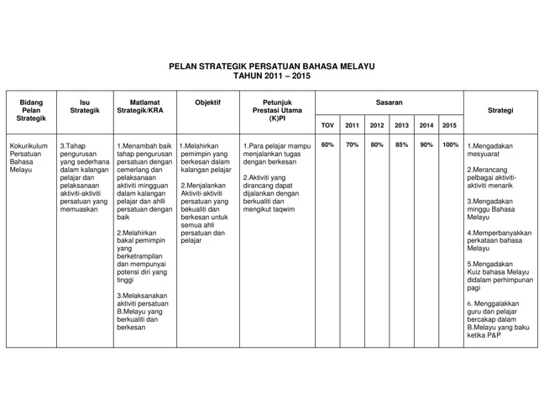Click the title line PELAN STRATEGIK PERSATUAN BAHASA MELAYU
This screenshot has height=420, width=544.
coord(271,65)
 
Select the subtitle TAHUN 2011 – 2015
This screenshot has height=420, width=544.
coord(271,75)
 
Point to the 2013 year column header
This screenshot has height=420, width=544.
coord(401,125)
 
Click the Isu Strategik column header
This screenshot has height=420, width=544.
coord(85,108)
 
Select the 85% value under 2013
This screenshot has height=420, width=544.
coord(401,144)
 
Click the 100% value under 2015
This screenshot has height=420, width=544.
coord(450,144)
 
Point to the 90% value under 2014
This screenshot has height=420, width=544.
coord(426,144)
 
